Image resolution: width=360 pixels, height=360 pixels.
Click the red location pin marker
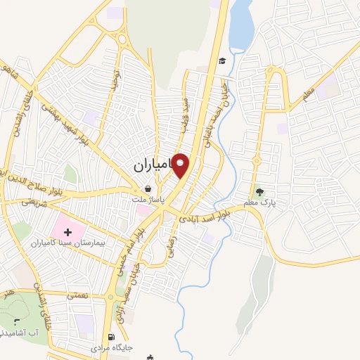tap(181, 165)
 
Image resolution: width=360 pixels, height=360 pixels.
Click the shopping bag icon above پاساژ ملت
tap(148, 188)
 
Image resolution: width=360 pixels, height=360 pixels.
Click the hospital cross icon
tap(68, 230)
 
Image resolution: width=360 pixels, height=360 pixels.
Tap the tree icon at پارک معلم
tap(260, 191)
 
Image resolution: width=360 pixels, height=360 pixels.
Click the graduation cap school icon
tap(221, 61)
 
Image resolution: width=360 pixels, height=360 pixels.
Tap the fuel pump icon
tap(112, 337)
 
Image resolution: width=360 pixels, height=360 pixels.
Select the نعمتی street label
tap(77, 296)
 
